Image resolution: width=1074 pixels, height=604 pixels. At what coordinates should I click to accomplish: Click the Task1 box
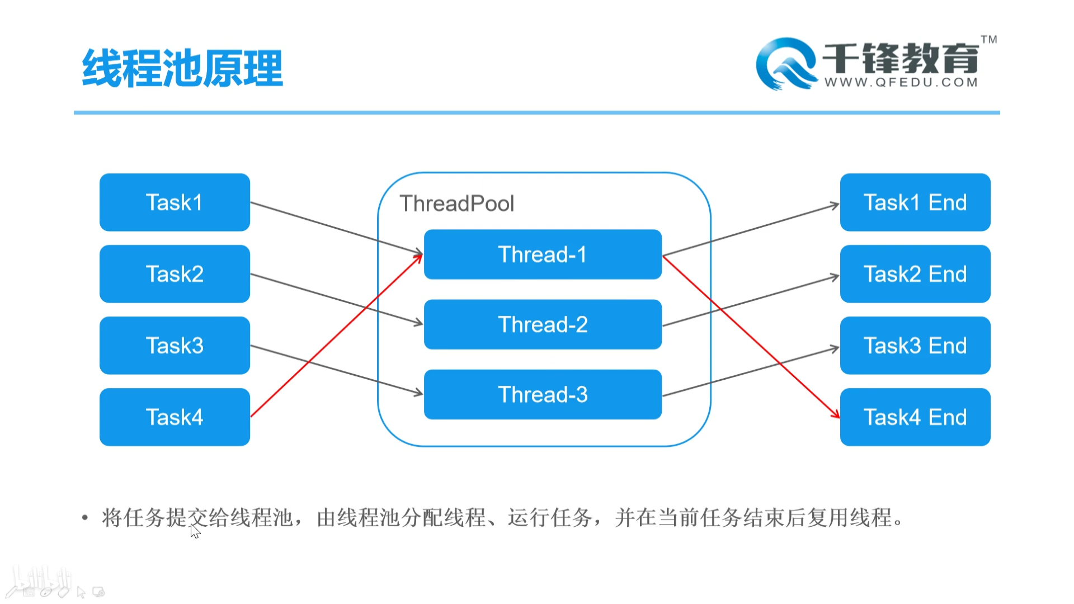tap(175, 202)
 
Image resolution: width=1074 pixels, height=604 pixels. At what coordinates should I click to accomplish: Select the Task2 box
tap(175, 274)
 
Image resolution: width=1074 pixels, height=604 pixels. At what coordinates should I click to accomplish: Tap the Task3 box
tap(175, 346)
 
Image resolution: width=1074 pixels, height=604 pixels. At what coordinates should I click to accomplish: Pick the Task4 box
tap(175, 417)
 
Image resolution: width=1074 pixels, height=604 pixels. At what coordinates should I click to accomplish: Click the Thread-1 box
tap(543, 254)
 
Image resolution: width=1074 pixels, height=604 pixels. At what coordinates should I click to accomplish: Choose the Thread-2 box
tap(543, 324)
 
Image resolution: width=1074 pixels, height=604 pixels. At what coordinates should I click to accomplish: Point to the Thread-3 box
tap(543, 394)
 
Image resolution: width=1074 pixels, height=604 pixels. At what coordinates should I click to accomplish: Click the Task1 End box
tap(915, 202)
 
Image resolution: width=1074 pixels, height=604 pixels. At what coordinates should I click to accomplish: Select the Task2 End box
tap(915, 274)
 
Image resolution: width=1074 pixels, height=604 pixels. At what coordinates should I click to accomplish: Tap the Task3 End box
tap(915, 346)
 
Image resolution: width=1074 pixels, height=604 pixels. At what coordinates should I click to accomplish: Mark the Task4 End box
tap(915, 417)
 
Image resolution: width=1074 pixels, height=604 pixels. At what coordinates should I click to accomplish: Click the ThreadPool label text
tap(456, 204)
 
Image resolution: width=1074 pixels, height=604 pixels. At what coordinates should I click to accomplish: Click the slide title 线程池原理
tap(182, 68)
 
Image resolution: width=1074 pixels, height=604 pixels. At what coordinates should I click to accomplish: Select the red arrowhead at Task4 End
tap(836, 414)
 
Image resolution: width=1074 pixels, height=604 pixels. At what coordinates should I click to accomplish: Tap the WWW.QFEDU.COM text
tap(901, 83)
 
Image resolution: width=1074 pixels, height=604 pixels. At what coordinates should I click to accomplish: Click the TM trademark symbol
tap(988, 40)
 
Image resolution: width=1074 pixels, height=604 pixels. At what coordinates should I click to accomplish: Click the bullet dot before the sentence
tap(85, 518)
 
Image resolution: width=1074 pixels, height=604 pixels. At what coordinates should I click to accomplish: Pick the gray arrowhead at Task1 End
tap(835, 205)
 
